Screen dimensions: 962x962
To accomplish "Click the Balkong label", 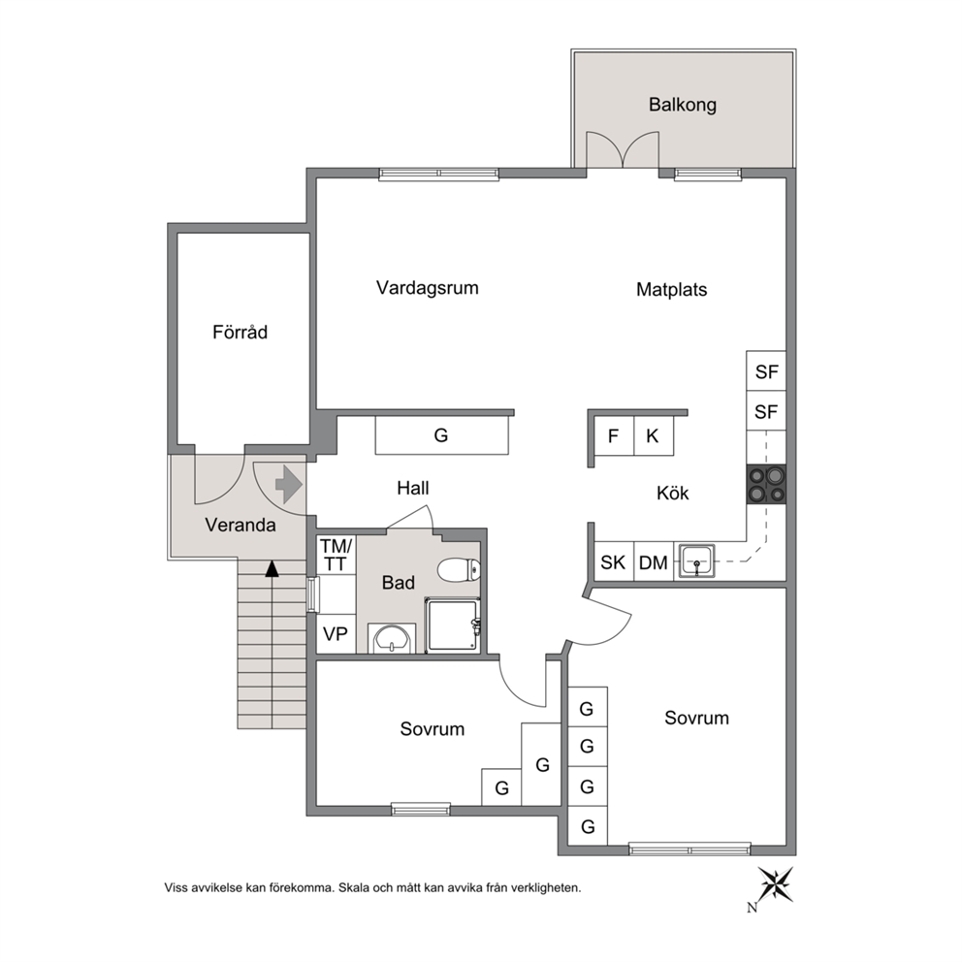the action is pyautogui.click(x=683, y=105).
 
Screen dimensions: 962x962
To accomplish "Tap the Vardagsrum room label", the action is pyautogui.click(x=427, y=288).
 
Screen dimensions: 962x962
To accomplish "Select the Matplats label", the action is pyautogui.click(x=671, y=289).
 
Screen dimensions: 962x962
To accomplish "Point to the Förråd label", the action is pyautogui.click(x=240, y=332).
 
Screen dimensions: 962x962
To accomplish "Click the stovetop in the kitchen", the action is pyautogui.click(x=766, y=485).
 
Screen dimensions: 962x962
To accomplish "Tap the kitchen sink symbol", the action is pyautogui.click(x=695, y=561).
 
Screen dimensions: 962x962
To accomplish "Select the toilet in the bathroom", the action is pyautogui.click(x=459, y=570).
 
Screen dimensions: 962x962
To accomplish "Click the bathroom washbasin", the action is pyautogui.click(x=392, y=639).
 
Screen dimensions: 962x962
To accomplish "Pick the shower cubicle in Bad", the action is pyautogui.click(x=453, y=625).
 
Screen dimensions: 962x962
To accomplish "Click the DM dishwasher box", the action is pyautogui.click(x=654, y=561).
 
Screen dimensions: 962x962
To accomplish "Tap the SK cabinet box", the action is pyautogui.click(x=614, y=561).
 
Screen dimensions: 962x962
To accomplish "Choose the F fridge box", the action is pyautogui.click(x=614, y=435).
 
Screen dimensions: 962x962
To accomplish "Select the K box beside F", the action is pyautogui.click(x=654, y=435).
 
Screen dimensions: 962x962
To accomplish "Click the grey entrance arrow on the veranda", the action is pyautogui.click(x=289, y=485).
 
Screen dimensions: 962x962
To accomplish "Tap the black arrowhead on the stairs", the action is pyautogui.click(x=272, y=568).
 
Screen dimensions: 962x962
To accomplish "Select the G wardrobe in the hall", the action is pyautogui.click(x=442, y=435).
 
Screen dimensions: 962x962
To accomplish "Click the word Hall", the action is pyautogui.click(x=413, y=489).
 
